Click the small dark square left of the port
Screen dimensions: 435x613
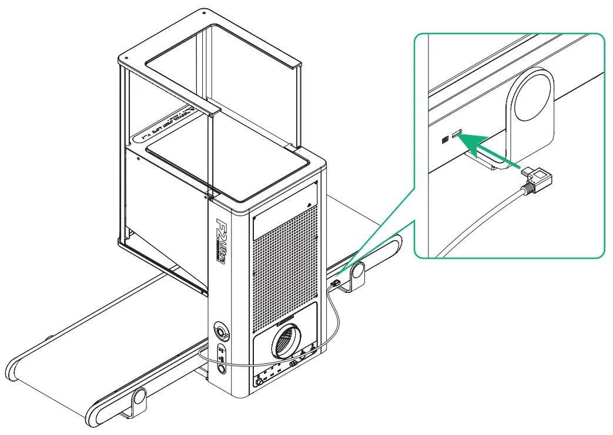click(x=445, y=140)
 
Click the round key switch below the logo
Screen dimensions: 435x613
click(x=222, y=331)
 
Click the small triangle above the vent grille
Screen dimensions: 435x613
click(x=310, y=203)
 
